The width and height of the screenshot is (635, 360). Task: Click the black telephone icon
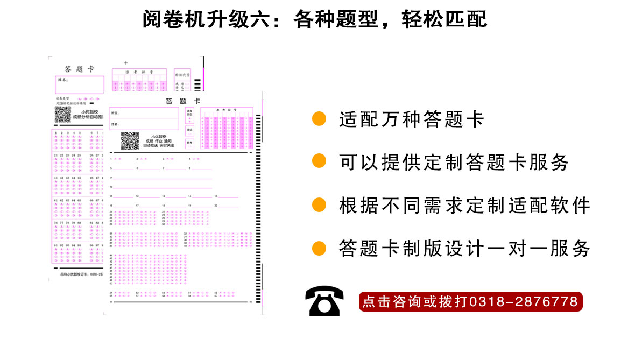pyautogui.click(x=324, y=301)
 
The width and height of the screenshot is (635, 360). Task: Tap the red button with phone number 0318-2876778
pyautogui.click(x=470, y=301)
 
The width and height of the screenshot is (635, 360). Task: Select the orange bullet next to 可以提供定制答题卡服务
pyautogui.click(x=320, y=161)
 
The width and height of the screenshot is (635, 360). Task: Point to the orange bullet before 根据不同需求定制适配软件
pyautogui.click(x=320, y=204)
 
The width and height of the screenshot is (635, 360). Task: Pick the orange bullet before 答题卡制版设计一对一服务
pyautogui.click(x=320, y=248)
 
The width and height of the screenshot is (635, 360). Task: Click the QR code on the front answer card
pyautogui.click(x=130, y=140)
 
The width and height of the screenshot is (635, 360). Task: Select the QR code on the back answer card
pyautogui.click(x=63, y=115)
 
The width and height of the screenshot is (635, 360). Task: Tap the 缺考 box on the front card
pyautogui.click(x=190, y=143)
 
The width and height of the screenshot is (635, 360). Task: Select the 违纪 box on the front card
pyautogui.click(x=190, y=130)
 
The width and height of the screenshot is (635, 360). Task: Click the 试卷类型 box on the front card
pyautogui.click(x=190, y=114)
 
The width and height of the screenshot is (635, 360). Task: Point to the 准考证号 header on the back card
pyautogui.click(x=139, y=72)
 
